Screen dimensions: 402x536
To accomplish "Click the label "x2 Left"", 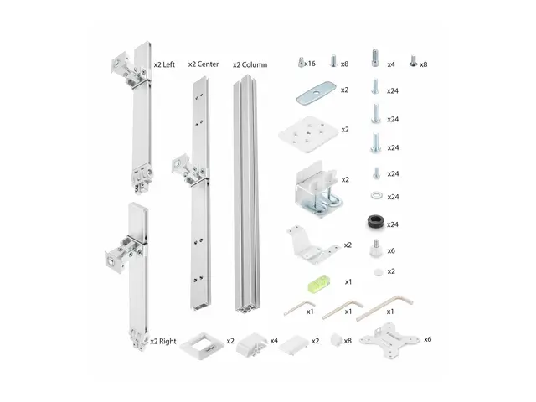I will tap(164, 64).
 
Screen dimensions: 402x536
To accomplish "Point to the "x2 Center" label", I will tap(204, 64).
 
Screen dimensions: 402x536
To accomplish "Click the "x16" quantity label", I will tap(311, 64).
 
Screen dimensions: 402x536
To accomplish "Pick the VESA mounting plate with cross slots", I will tap(390, 342).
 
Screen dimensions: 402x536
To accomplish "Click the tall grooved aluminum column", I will tap(249, 193).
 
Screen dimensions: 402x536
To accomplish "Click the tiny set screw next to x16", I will tap(300, 61).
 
